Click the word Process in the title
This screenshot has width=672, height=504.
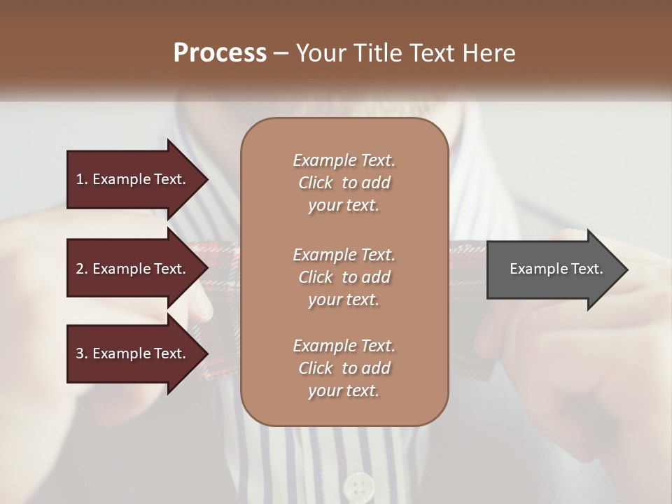(x=220, y=53)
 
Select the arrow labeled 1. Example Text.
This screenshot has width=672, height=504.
(x=133, y=179)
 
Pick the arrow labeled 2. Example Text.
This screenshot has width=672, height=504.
(x=133, y=269)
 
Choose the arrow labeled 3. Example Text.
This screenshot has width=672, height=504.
(x=133, y=353)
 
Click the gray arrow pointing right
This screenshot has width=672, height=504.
(x=553, y=269)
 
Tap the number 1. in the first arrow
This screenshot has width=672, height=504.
(x=81, y=179)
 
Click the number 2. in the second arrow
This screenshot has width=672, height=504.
(x=81, y=269)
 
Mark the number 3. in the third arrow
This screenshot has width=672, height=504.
(x=81, y=353)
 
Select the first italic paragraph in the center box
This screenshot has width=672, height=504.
(x=344, y=183)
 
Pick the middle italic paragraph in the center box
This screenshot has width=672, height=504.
(x=344, y=276)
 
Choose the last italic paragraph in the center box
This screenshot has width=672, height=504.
(x=344, y=367)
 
